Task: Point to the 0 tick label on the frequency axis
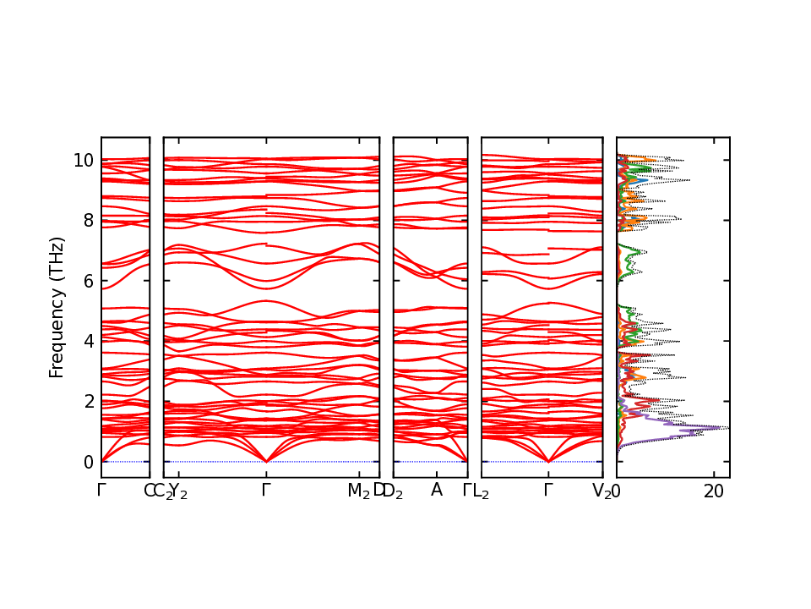(89, 462)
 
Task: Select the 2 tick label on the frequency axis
(89, 401)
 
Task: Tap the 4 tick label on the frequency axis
(89, 341)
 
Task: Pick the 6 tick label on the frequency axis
(89, 280)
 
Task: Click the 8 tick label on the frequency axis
(89, 220)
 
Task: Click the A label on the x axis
(437, 490)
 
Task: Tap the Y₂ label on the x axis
(178, 491)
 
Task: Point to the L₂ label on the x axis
(482, 491)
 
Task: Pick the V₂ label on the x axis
(601, 491)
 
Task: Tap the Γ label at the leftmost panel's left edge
(101, 490)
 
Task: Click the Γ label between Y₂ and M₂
(266, 490)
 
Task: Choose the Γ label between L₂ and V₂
(548, 490)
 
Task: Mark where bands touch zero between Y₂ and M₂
(266, 461)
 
